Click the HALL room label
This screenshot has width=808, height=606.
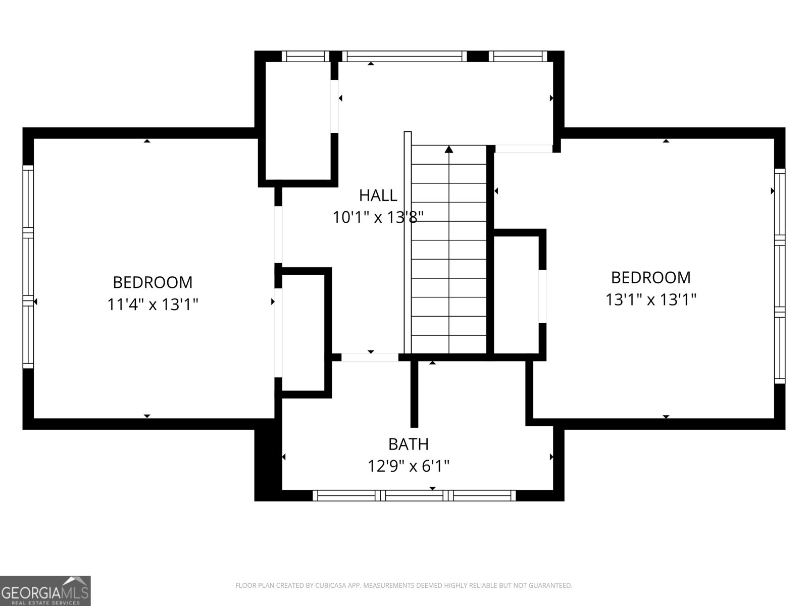[378, 195]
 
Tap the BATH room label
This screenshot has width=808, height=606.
[408, 444]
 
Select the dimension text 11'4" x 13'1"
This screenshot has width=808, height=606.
[153, 305]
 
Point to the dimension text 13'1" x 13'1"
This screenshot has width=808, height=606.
[651, 300]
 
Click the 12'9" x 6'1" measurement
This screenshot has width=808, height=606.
[408, 466]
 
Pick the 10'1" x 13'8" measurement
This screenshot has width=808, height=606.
[378, 217]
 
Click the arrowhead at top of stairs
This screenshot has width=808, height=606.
[449, 149]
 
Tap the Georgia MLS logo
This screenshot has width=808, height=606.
[45, 590]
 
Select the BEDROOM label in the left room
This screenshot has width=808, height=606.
[153, 282]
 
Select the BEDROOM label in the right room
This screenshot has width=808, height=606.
[651, 277]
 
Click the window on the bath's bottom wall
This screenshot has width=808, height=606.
[414, 495]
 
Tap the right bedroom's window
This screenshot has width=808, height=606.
[780, 275]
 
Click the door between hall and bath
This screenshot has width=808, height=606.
[370, 357]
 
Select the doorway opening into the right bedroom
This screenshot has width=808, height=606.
[523, 148]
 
